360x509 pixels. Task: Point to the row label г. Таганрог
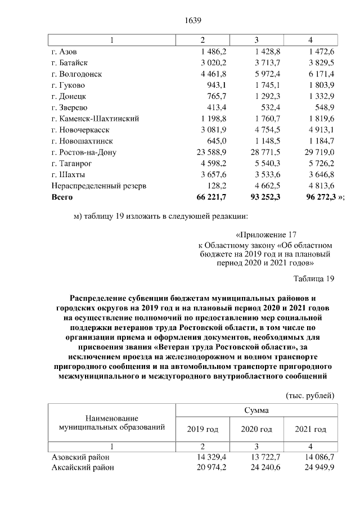click(x=70, y=163)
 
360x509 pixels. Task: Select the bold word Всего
click(x=62, y=197)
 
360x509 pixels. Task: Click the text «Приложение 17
click(x=264, y=235)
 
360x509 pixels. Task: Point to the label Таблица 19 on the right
click(x=314, y=278)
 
